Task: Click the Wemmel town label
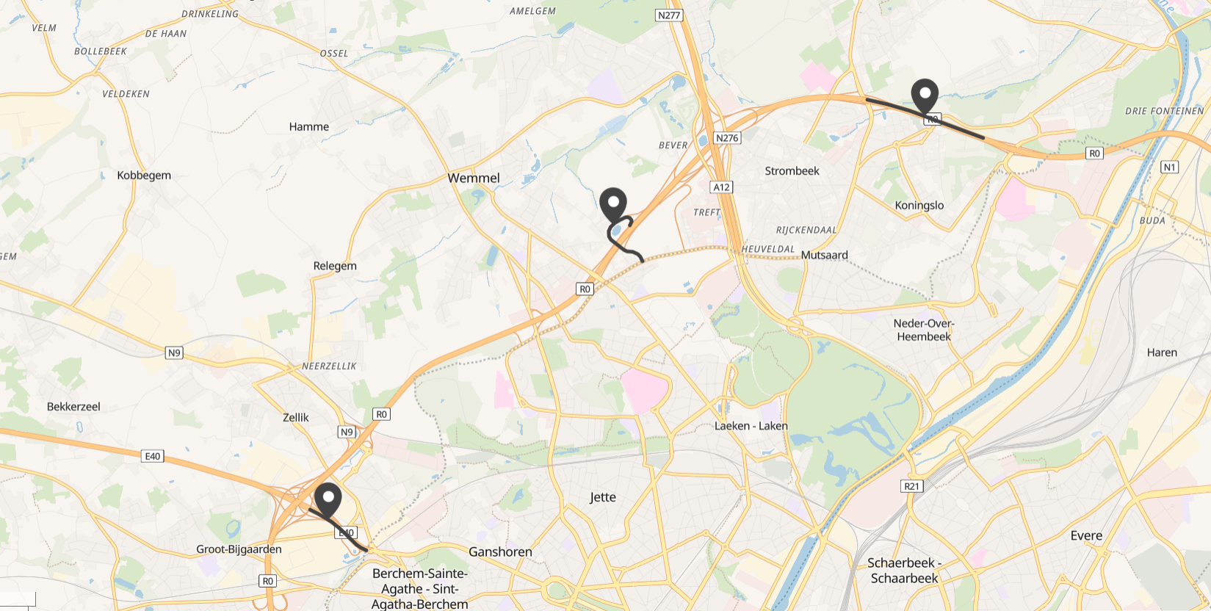tap(474, 178)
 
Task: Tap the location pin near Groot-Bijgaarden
tap(328, 500)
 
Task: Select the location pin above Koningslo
tap(925, 96)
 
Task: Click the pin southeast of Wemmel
tap(613, 205)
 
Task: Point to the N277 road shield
tap(669, 15)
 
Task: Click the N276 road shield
tap(726, 138)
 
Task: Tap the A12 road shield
tap(722, 187)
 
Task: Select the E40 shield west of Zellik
tap(152, 456)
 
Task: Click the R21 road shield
tap(911, 486)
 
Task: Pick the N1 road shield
tap(1170, 167)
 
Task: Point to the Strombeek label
tap(792, 171)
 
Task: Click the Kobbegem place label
tap(144, 176)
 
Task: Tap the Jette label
tap(603, 497)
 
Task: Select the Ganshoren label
tap(500, 552)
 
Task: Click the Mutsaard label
tap(824, 255)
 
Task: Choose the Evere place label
tap(1086, 535)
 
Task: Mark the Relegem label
tap(335, 266)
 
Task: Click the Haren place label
tap(1162, 352)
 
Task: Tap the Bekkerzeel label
tap(73, 407)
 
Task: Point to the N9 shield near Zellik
tap(347, 432)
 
